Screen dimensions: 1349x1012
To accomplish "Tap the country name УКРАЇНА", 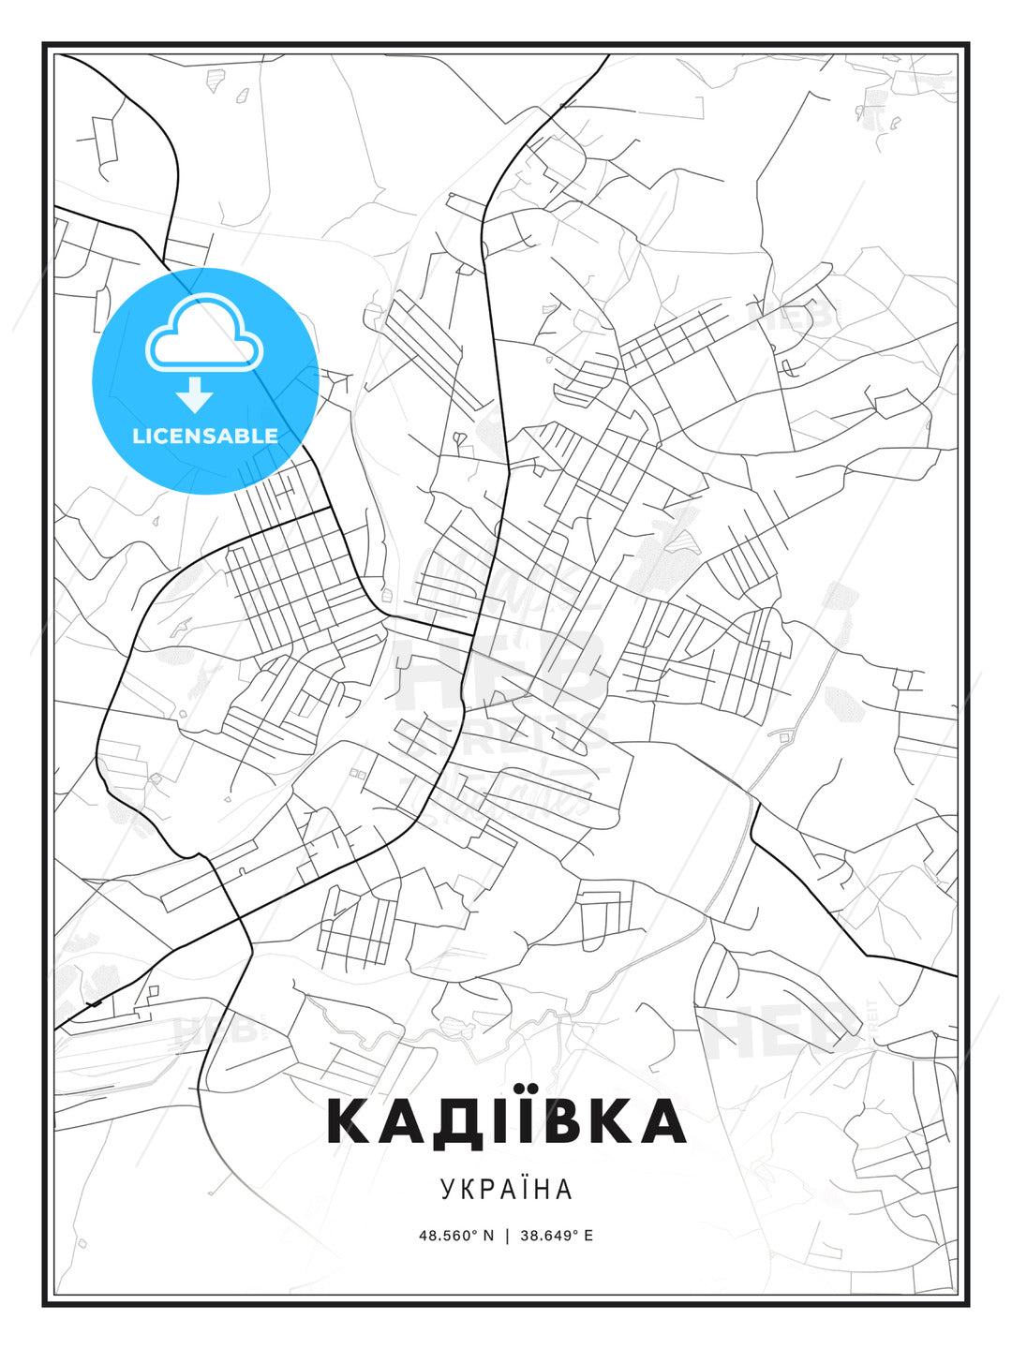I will [506, 1190].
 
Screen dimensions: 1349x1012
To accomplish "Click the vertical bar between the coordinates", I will [507, 1236].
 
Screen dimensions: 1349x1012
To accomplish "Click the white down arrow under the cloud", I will [196, 395].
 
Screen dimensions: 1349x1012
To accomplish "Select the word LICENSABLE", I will [205, 436].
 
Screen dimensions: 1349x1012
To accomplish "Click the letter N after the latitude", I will [488, 1236].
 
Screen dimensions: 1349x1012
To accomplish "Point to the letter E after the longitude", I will [588, 1236].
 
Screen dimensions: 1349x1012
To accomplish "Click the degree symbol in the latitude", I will [473, 1231].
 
